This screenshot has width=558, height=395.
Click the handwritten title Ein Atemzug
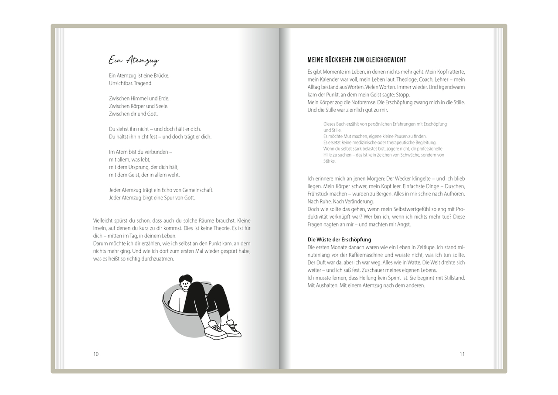(x=134, y=60)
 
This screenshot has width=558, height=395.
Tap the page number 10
(x=96, y=354)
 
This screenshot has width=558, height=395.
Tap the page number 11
(x=462, y=354)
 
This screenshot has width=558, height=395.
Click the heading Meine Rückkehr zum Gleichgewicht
(x=357, y=60)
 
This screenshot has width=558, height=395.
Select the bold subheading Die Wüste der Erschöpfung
(x=339, y=240)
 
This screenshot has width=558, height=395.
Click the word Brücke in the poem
(x=159, y=76)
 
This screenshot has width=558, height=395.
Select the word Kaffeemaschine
(x=366, y=255)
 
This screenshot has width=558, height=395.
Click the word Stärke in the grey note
(x=330, y=161)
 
